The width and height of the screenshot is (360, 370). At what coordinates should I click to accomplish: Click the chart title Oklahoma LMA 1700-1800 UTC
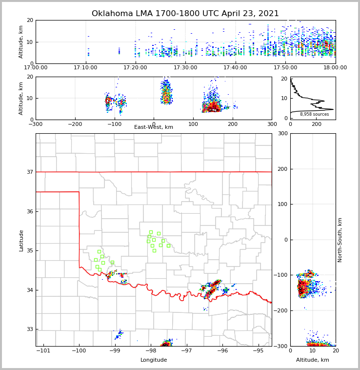pyautogui.click(x=185, y=14)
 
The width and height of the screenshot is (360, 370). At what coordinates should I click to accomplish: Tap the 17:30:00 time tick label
pyautogui.click(x=185, y=68)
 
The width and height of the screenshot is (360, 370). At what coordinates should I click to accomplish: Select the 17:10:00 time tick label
pyautogui.click(x=85, y=68)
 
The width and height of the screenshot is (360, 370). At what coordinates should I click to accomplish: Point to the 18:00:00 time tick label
pyautogui.click(x=335, y=68)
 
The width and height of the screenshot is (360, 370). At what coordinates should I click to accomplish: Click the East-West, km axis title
pyautogui.click(x=154, y=127)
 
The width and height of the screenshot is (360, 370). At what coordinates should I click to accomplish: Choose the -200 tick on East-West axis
pyautogui.click(x=75, y=124)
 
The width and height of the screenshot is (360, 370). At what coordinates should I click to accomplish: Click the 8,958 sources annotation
pyautogui.click(x=314, y=114)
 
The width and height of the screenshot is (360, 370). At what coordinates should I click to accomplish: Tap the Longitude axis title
pyautogui.click(x=154, y=360)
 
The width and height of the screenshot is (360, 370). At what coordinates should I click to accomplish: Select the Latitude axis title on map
pyautogui.click(x=21, y=240)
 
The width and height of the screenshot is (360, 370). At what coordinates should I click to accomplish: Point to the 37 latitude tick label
pyautogui.click(x=29, y=172)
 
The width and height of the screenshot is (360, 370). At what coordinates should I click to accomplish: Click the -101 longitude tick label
pyautogui.click(x=43, y=351)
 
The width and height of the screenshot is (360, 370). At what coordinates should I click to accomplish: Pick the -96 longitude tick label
pyautogui.click(x=222, y=351)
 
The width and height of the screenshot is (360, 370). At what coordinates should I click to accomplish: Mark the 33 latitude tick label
pyautogui.click(x=29, y=329)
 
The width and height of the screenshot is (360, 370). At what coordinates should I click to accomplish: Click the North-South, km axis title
pyautogui.click(x=340, y=240)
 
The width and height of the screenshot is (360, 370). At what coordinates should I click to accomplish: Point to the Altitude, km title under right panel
pyautogui.click(x=313, y=360)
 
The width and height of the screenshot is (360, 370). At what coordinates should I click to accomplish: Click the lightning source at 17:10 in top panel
pyautogui.click(x=88, y=51)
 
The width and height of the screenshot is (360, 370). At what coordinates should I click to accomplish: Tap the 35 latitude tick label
pyautogui.click(x=29, y=251)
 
